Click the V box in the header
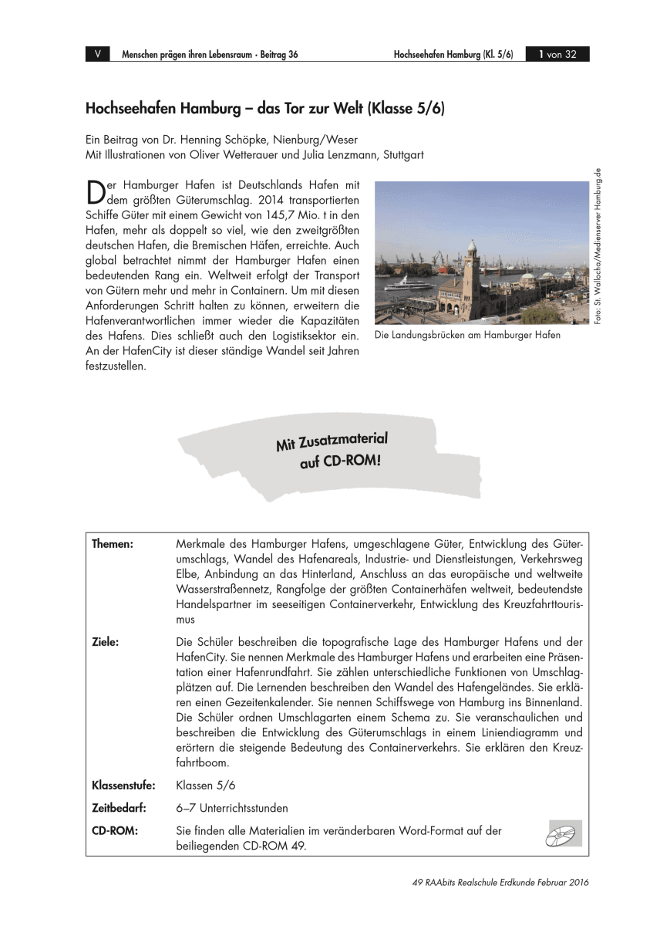click(x=97, y=54)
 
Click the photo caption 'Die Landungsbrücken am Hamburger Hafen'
click(x=466, y=336)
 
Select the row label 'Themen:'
click(x=113, y=545)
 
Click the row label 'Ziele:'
click(x=105, y=641)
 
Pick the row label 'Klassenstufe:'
click(x=123, y=786)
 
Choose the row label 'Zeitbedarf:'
click(x=120, y=808)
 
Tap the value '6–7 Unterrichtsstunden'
click(x=231, y=808)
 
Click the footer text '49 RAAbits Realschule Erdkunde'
click(x=478, y=883)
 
